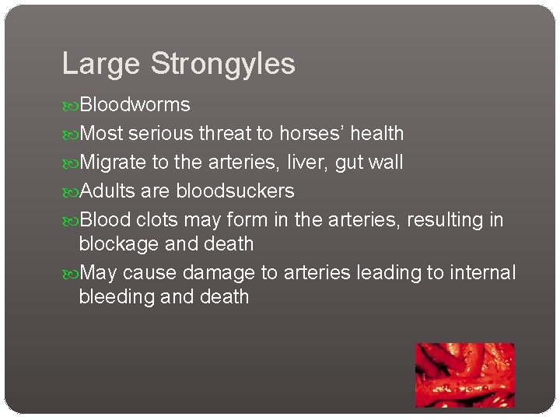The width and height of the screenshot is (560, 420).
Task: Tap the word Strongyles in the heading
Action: [x=222, y=65]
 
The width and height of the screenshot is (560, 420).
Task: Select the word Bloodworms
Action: [x=135, y=104]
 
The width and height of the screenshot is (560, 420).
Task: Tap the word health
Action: [x=377, y=134]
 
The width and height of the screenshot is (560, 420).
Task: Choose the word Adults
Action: [x=107, y=191]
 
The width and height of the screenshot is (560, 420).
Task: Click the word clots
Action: [x=157, y=220]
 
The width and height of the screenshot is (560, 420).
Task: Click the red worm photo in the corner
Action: [x=464, y=375]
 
